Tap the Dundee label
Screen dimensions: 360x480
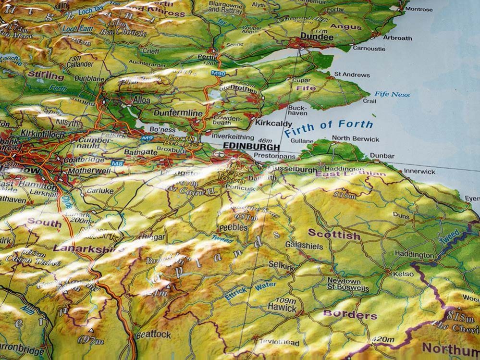coord(317,37)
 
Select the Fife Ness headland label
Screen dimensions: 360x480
coord(392,94)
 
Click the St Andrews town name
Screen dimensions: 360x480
coord(352,75)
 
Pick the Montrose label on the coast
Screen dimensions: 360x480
coord(418,9)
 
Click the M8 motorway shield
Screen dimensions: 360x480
coord(117,163)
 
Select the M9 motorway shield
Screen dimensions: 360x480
coord(148,138)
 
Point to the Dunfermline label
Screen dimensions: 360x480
coord(178,113)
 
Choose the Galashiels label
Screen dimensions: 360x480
coord(304,245)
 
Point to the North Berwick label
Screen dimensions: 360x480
coord(355,139)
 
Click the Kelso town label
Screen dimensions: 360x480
coord(403,274)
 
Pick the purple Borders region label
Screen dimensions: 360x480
coord(350,315)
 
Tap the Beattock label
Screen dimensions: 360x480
coord(153,334)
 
